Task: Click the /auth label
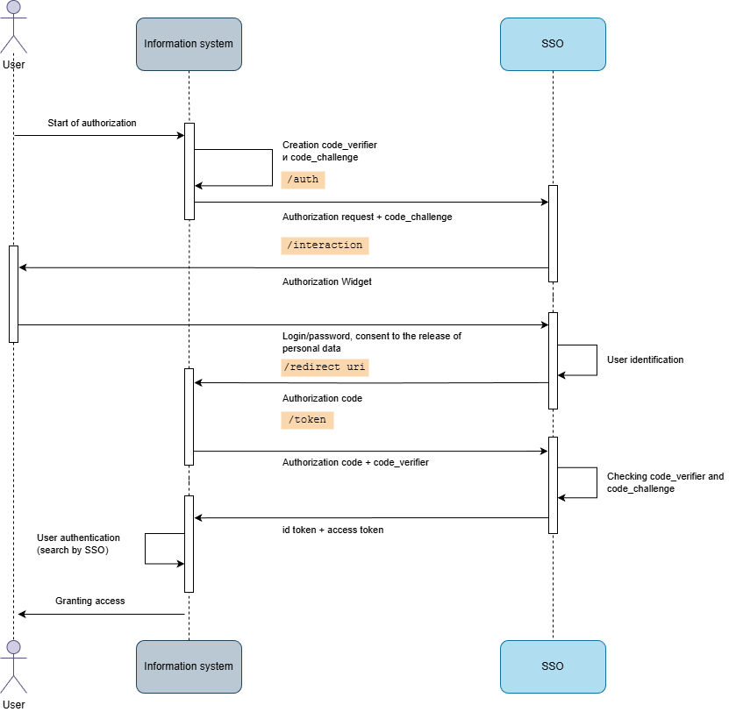click(303, 180)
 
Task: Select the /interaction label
click(325, 246)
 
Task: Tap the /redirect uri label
click(325, 367)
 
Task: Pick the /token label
click(307, 420)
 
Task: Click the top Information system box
click(189, 44)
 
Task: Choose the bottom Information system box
click(189, 666)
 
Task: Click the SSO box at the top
click(553, 44)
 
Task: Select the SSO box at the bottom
click(553, 666)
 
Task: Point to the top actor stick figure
click(13, 28)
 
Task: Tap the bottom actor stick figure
click(13, 668)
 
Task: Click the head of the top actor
click(13, 7)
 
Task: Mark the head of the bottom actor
click(13, 647)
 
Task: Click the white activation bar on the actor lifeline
click(13, 294)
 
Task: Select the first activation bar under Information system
click(189, 171)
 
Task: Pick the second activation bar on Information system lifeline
click(189, 417)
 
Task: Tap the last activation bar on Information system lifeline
click(189, 544)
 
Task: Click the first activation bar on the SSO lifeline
click(553, 233)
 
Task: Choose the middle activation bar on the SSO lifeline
click(553, 360)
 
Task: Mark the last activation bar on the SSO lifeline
click(553, 485)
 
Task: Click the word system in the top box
click(216, 44)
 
